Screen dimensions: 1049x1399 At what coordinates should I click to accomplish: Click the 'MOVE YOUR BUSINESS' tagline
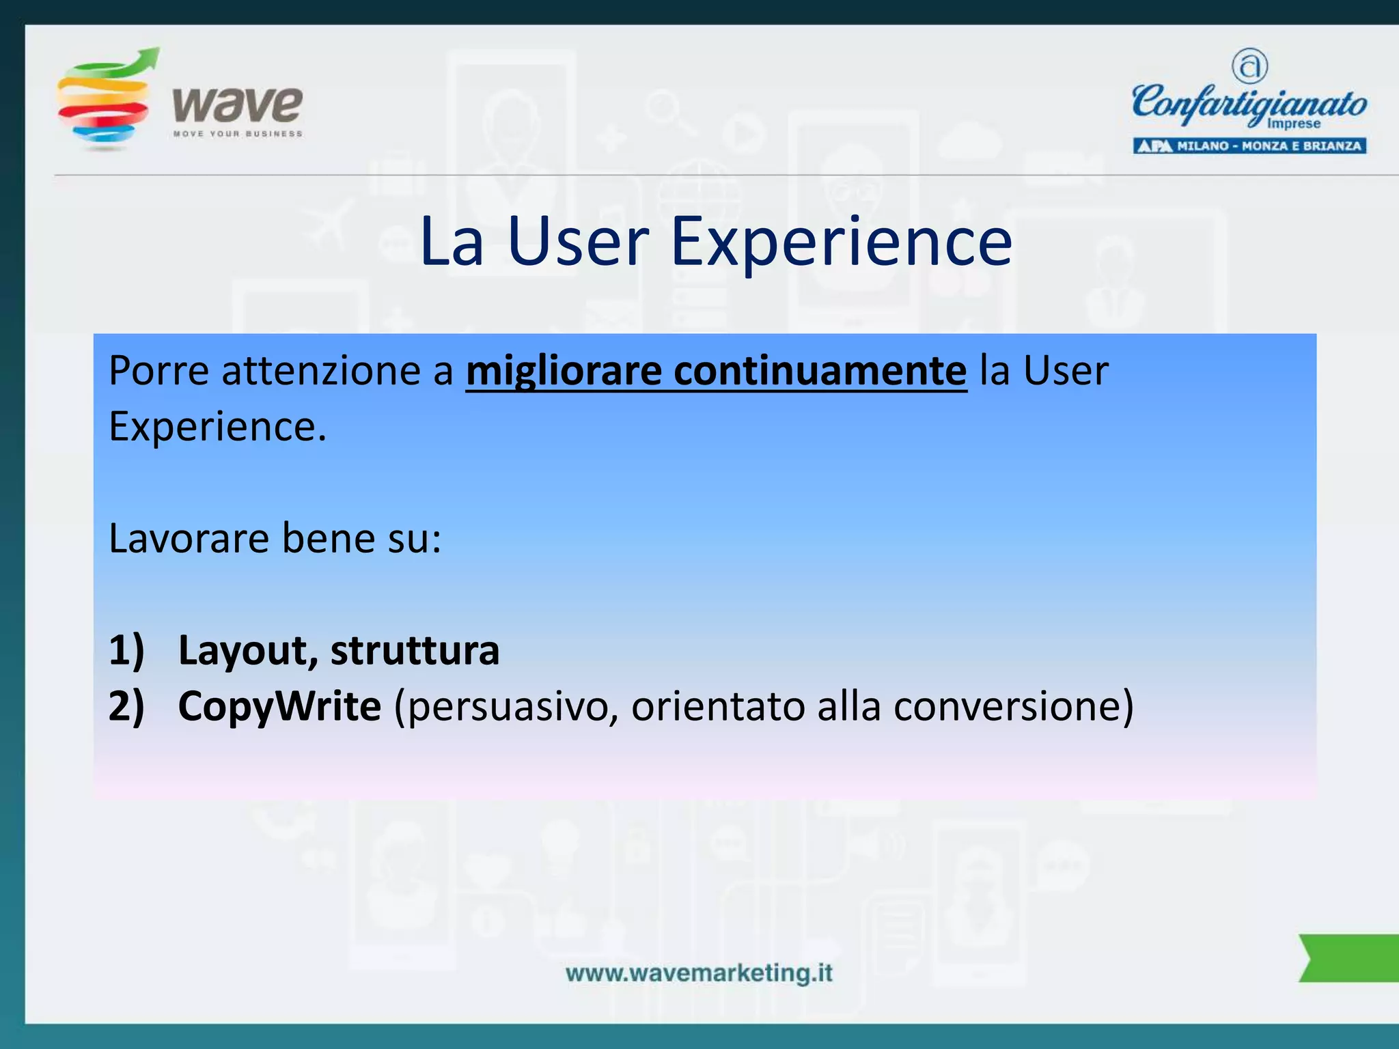tap(237, 134)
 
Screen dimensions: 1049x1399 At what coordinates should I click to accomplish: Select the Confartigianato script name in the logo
tap(1249, 102)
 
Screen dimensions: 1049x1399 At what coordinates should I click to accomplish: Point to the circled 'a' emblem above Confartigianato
tap(1249, 66)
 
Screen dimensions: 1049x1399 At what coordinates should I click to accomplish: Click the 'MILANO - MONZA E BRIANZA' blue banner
tap(1249, 146)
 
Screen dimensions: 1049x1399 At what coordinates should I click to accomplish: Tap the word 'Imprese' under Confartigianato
tap(1293, 124)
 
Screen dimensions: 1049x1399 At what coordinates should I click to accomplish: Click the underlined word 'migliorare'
tap(564, 371)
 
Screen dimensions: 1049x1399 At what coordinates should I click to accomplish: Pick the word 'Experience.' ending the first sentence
tap(217, 427)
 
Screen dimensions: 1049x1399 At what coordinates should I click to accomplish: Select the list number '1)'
tap(127, 649)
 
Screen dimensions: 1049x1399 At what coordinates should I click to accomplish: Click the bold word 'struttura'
tap(415, 649)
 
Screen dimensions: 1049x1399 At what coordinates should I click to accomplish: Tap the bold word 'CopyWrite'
tap(279, 705)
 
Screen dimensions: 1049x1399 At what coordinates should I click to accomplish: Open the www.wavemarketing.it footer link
tap(699, 973)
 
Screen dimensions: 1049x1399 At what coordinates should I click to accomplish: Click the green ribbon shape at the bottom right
tap(1349, 957)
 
